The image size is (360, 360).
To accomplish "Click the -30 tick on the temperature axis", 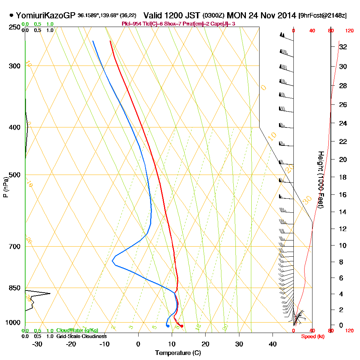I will point(37,344).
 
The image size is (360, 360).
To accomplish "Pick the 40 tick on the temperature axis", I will point(273,344).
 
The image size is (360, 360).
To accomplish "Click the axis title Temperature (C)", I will point(178,353).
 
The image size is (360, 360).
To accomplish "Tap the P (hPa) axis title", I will point(5,187).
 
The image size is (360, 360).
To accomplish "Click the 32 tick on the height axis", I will point(343,47).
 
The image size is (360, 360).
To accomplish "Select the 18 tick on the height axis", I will point(343,177).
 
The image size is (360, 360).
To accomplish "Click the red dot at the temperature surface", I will point(182,326).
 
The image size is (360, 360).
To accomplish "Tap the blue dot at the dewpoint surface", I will point(168,326).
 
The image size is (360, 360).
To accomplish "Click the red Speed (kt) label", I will point(312,337).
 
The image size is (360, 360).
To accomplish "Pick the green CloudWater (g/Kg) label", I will point(77,330).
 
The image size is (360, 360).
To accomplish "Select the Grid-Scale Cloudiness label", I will point(81,336).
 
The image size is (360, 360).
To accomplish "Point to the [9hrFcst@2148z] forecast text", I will point(322,16).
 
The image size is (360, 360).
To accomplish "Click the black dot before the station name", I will point(12,15).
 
